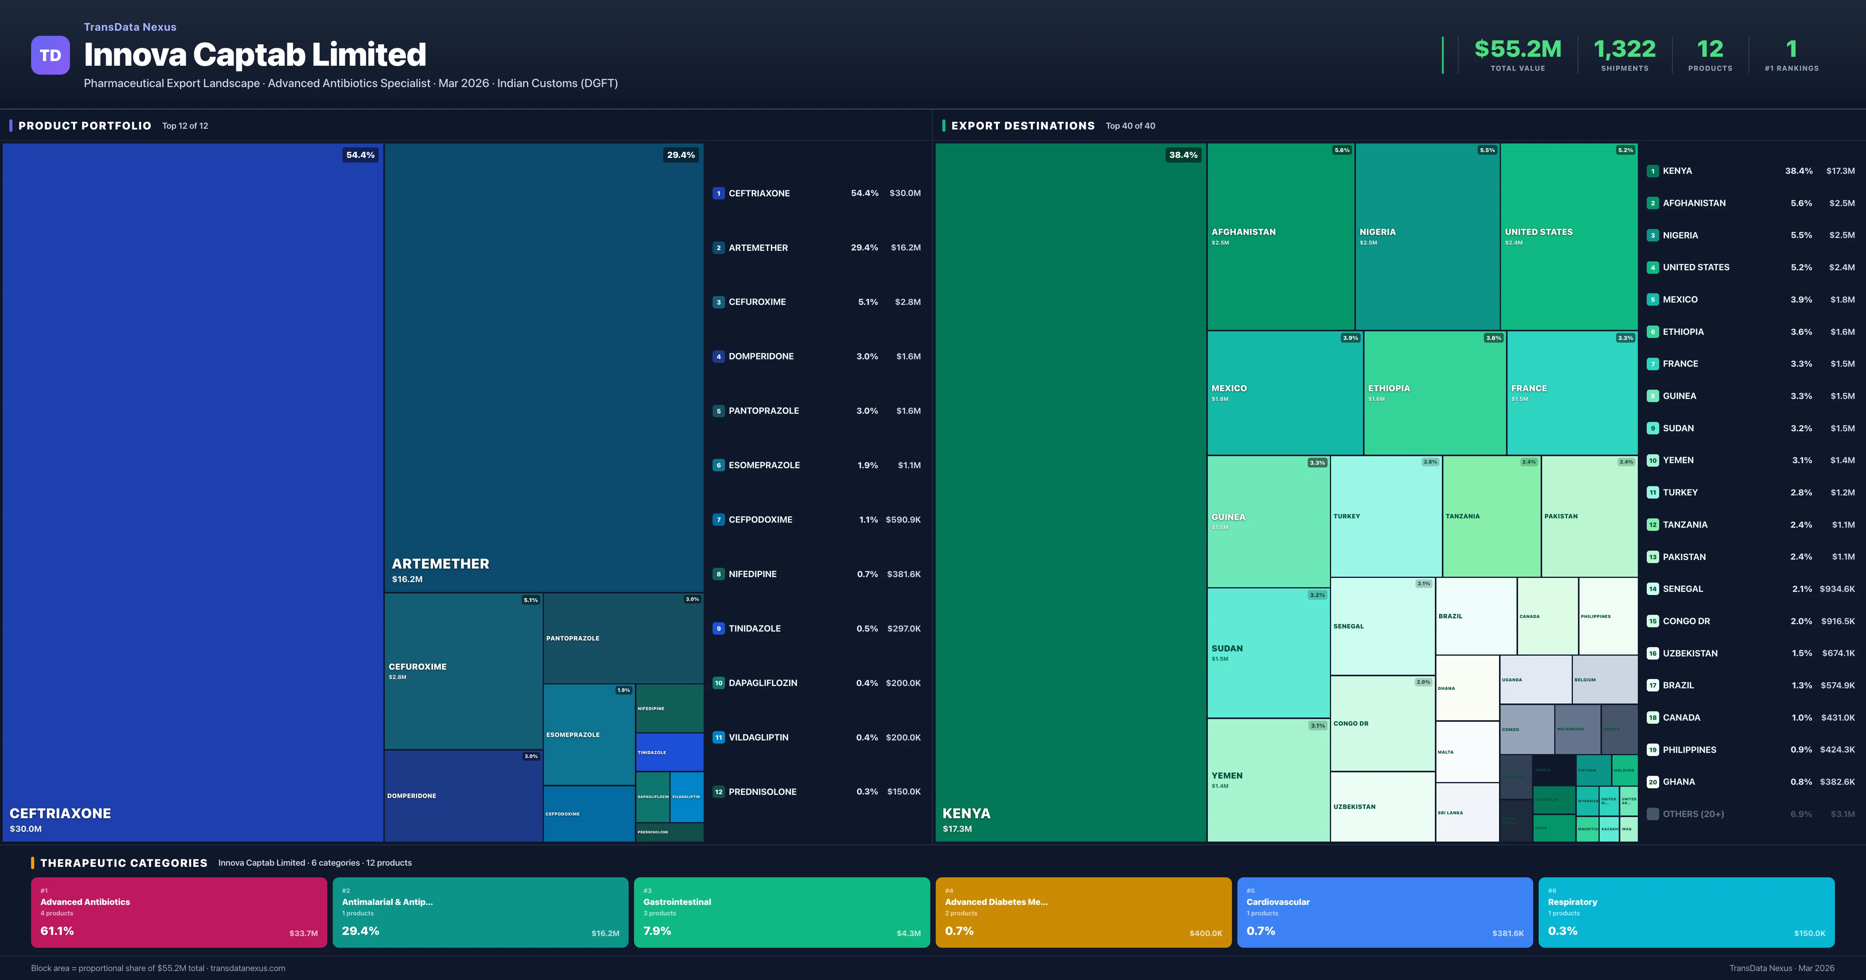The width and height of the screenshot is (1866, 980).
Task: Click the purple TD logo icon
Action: click(50, 55)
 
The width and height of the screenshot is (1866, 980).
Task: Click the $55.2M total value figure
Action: click(1518, 49)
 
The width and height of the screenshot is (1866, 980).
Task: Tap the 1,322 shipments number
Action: click(1624, 49)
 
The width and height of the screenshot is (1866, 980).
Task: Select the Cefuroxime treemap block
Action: click(463, 670)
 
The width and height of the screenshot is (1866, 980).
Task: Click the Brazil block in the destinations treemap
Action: click(1476, 616)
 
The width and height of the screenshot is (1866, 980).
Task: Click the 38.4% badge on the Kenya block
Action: click(1183, 155)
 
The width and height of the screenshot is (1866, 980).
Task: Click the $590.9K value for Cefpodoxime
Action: click(903, 520)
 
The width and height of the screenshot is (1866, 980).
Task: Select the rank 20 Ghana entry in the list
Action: click(1678, 782)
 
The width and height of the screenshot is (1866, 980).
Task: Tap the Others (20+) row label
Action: click(1693, 814)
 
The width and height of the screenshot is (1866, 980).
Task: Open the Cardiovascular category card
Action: click(1384, 912)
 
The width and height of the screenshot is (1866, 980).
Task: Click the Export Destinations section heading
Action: click(1022, 126)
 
